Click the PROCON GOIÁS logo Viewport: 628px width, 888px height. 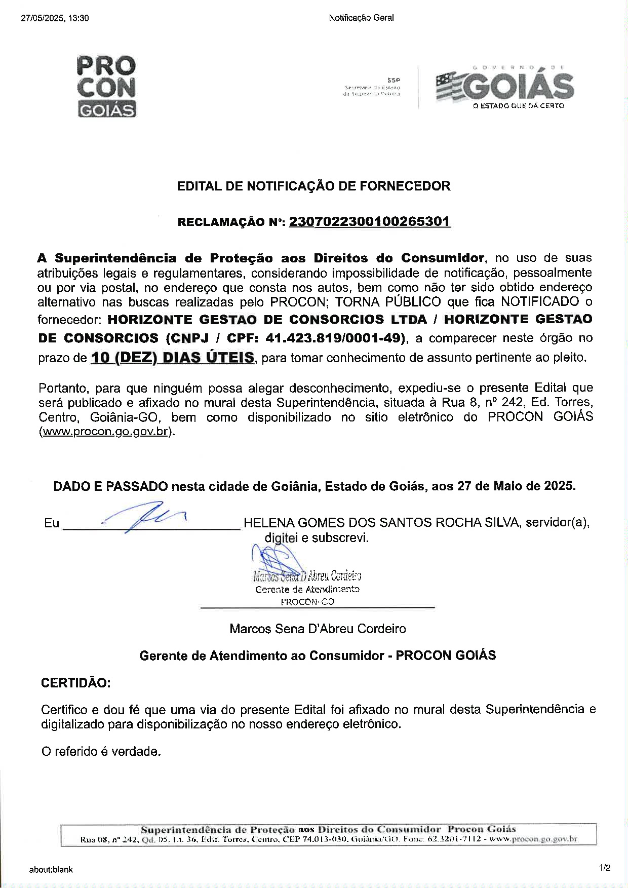(106, 86)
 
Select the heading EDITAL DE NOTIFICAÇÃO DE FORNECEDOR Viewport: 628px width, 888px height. (313, 186)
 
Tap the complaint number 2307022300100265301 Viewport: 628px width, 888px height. (370, 222)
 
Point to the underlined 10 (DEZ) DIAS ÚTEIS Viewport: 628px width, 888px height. (173, 358)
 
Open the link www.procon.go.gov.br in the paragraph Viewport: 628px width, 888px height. (105, 432)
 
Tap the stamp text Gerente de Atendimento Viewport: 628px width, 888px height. (307, 590)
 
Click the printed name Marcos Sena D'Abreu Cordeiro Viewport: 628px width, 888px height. (318, 629)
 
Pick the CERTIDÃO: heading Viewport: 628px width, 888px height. (75, 683)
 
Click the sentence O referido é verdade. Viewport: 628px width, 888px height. (101, 751)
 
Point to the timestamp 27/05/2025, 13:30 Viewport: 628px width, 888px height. (55, 18)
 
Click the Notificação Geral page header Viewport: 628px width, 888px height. (361, 18)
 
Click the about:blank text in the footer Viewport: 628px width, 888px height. (51, 870)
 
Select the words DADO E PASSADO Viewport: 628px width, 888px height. (110, 486)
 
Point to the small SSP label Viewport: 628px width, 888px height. (393, 80)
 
